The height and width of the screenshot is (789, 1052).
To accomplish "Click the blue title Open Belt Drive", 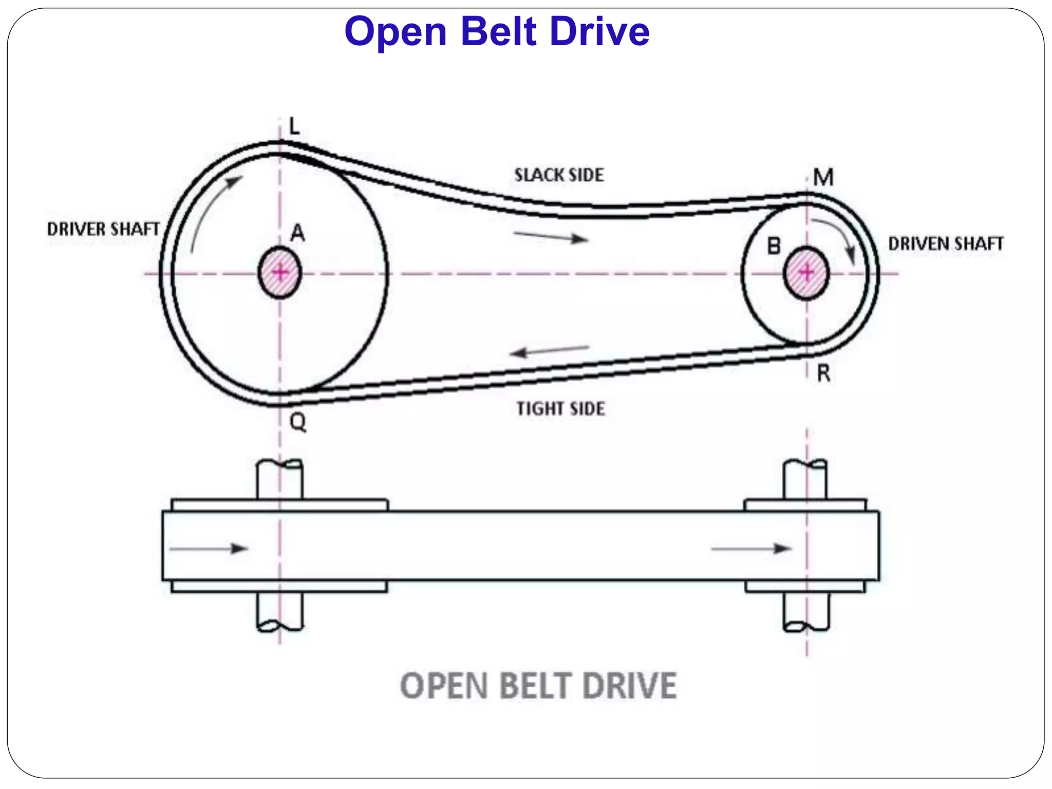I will coord(497,32).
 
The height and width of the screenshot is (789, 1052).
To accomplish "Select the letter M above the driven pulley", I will coord(823,178).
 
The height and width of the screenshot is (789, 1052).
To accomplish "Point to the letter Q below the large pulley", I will coord(298,422).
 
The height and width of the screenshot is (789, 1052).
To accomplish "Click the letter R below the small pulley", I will coord(823,373).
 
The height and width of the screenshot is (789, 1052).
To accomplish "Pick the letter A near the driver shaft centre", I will coord(297,234).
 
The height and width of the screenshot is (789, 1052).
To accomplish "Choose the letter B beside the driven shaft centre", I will coord(774,247).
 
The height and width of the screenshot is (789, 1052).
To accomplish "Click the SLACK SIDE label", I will coord(559,175).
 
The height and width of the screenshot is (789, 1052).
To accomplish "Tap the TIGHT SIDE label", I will coord(560,409).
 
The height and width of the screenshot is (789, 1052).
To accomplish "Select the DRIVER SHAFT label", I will coord(103,229).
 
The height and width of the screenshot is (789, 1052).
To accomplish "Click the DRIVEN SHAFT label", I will coord(946,244).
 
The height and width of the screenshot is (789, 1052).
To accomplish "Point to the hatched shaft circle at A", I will coord(279,273).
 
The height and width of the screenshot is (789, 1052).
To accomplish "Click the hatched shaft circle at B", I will coord(806,273).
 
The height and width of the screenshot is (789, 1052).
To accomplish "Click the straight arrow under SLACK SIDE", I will coord(551,237).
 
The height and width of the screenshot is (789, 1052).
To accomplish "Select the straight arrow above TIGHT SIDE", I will coord(550,351).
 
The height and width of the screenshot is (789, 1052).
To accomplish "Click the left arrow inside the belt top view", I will coord(209,549).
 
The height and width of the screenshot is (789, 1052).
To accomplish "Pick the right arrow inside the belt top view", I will coord(751,549).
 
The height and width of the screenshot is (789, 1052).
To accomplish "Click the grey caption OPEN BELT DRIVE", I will coord(538,686).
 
